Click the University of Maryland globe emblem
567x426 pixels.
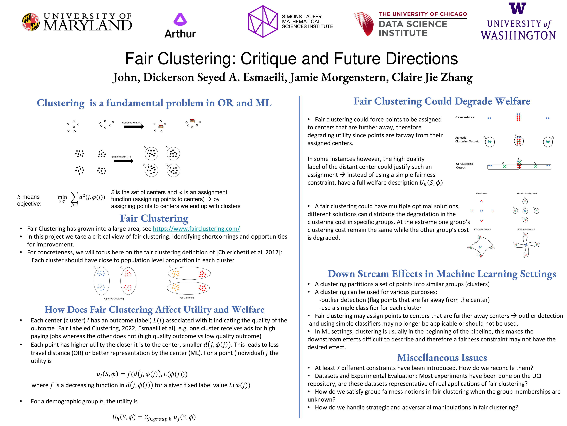(31, 22)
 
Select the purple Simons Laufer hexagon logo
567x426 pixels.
(263, 22)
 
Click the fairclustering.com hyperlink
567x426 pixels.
(196, 229)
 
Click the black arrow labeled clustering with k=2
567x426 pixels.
(134, 127)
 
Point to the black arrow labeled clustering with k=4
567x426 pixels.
(123, 161)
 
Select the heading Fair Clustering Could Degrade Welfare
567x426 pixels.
(442, 101)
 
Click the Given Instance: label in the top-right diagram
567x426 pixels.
(465, 117)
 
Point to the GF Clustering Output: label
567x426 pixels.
(465, 166)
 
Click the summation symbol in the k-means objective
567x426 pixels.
(74, 197)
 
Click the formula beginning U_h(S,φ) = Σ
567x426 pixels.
(154, 417)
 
